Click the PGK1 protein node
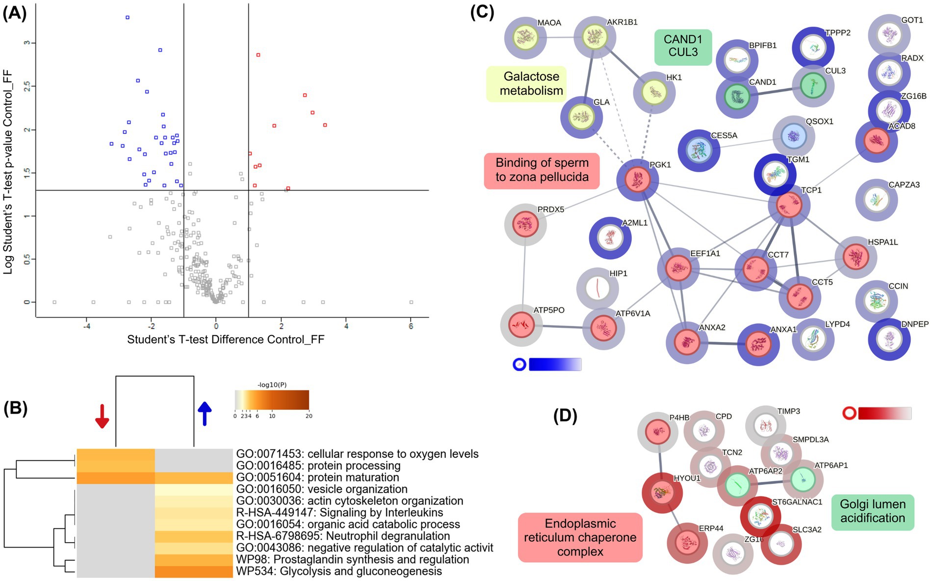[x=637, y=180]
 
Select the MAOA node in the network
[x=525, y=37]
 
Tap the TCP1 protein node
[x=789, y=205]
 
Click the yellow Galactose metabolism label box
[x=526, y=84]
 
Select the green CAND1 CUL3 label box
[x=683, y=46]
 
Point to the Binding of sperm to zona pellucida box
[x=542, y=170]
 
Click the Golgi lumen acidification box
[x=872, y=511]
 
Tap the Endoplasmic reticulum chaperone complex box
[x=580, y=537]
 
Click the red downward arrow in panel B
[x=102, y=416]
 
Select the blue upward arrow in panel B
[x=204, y=413]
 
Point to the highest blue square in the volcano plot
[x=128, y=17]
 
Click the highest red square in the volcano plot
[x=258, y=55]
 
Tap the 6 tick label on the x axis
[x=411, y=326]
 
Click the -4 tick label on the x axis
[x=87, y=326]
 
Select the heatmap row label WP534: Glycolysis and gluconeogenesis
[x=339, y=572]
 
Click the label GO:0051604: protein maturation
[x=317, y=477]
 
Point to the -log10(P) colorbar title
[x=272, y=385]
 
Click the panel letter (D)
[x=565, y=416]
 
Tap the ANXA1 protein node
[x=758, y=344]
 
